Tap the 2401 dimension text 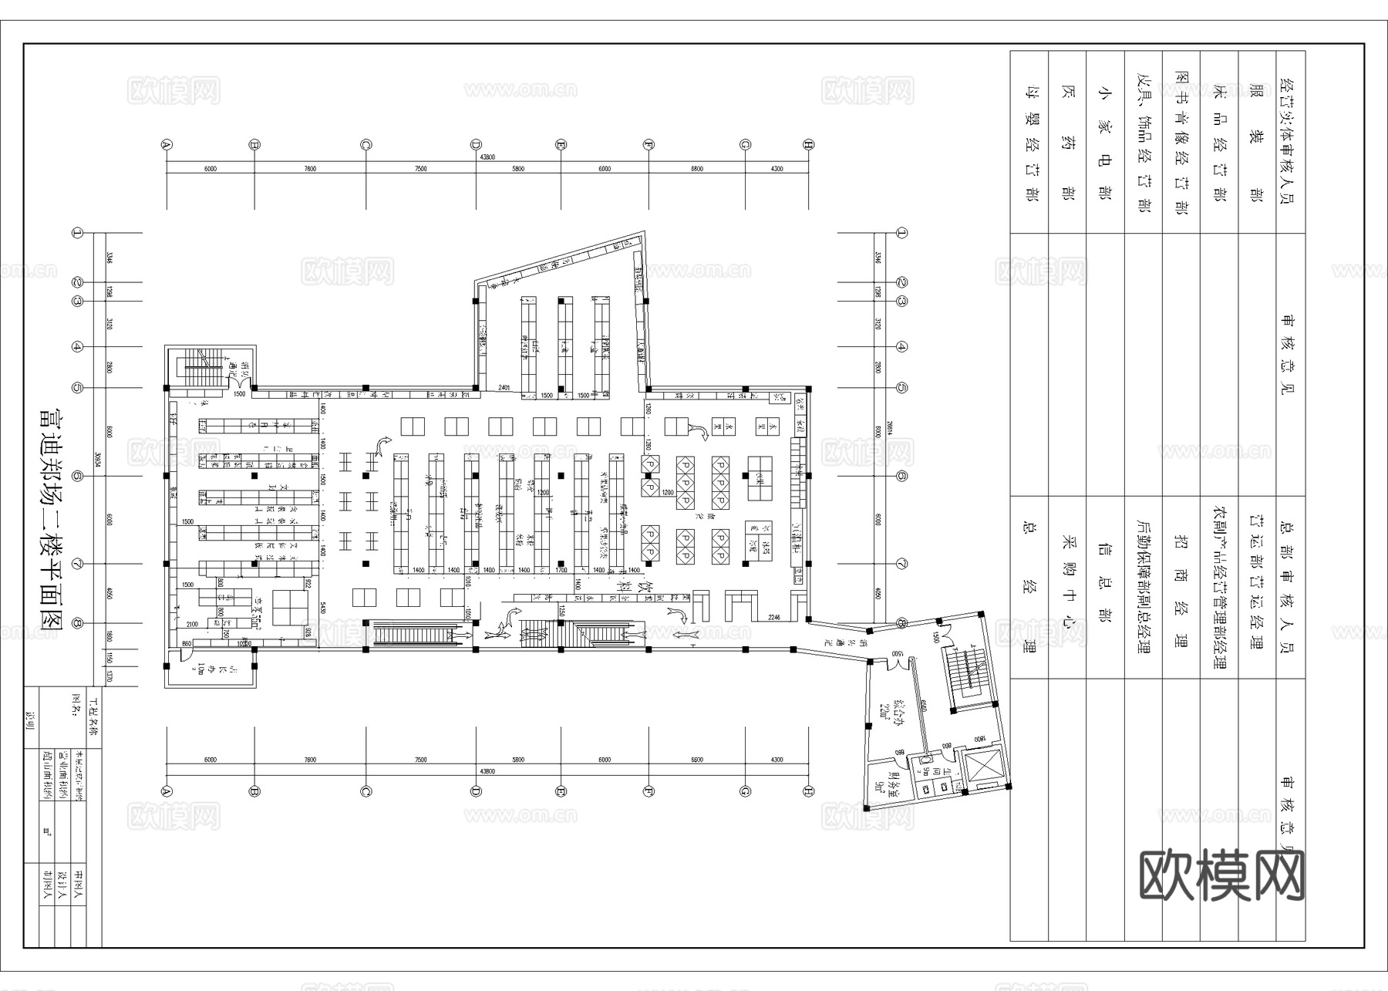[x=505, y=386]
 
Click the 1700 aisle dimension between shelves [x=561, y=570]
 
